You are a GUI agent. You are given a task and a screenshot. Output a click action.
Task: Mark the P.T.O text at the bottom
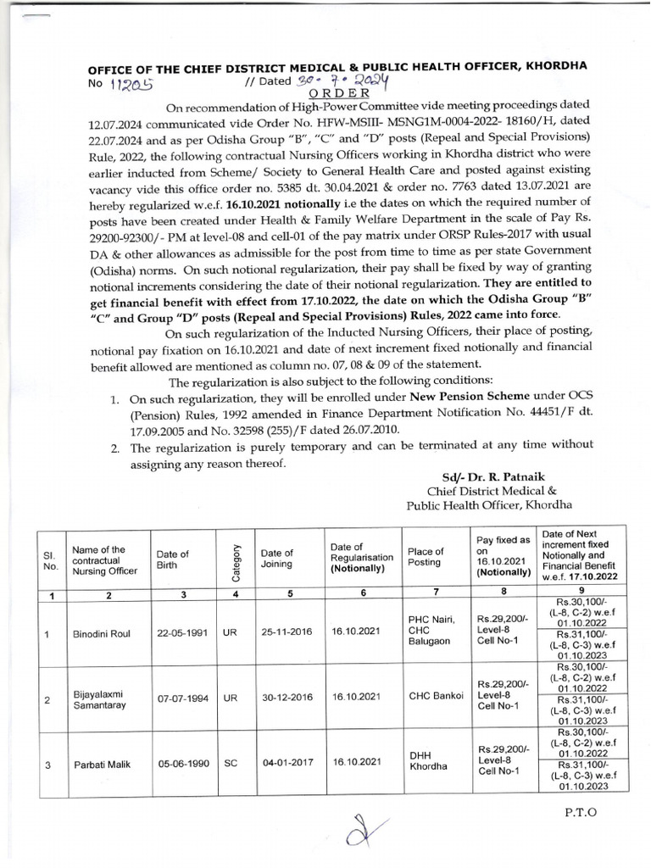tap(579, 811)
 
